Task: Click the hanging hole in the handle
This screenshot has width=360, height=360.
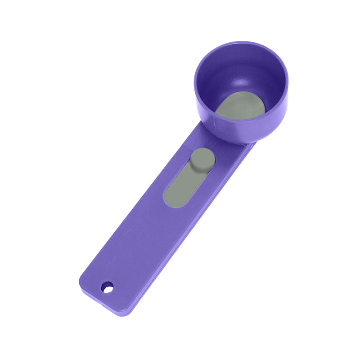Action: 107,287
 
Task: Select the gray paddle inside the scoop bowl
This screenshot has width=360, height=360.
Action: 241,106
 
